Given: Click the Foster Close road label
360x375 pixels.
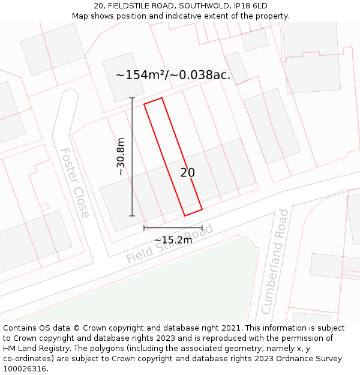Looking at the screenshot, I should [75, 182].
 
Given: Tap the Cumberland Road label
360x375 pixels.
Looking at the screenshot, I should [275, 261].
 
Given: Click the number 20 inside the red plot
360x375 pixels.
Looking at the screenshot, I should [187, 173].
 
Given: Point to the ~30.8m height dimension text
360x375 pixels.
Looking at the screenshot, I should [121, 157].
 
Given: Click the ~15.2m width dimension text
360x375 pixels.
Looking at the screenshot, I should [173, 240].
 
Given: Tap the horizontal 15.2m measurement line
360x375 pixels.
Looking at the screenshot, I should [173, 228].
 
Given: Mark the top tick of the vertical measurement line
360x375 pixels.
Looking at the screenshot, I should [132, 98].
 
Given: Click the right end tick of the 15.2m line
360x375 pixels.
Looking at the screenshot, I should [202, 228].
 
